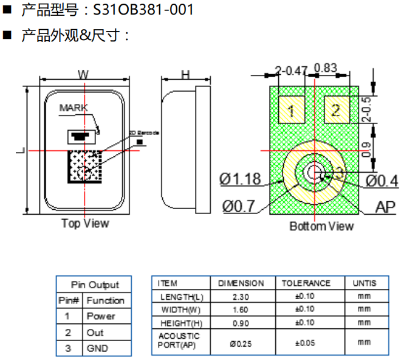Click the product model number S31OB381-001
143,10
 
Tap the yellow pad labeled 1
292,110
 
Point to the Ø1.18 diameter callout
240,179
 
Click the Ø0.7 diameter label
239,207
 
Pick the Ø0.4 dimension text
382,181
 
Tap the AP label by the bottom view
385,207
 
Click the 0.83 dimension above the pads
326,68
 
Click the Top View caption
85,223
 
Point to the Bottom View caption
321,226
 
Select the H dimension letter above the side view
185,75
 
